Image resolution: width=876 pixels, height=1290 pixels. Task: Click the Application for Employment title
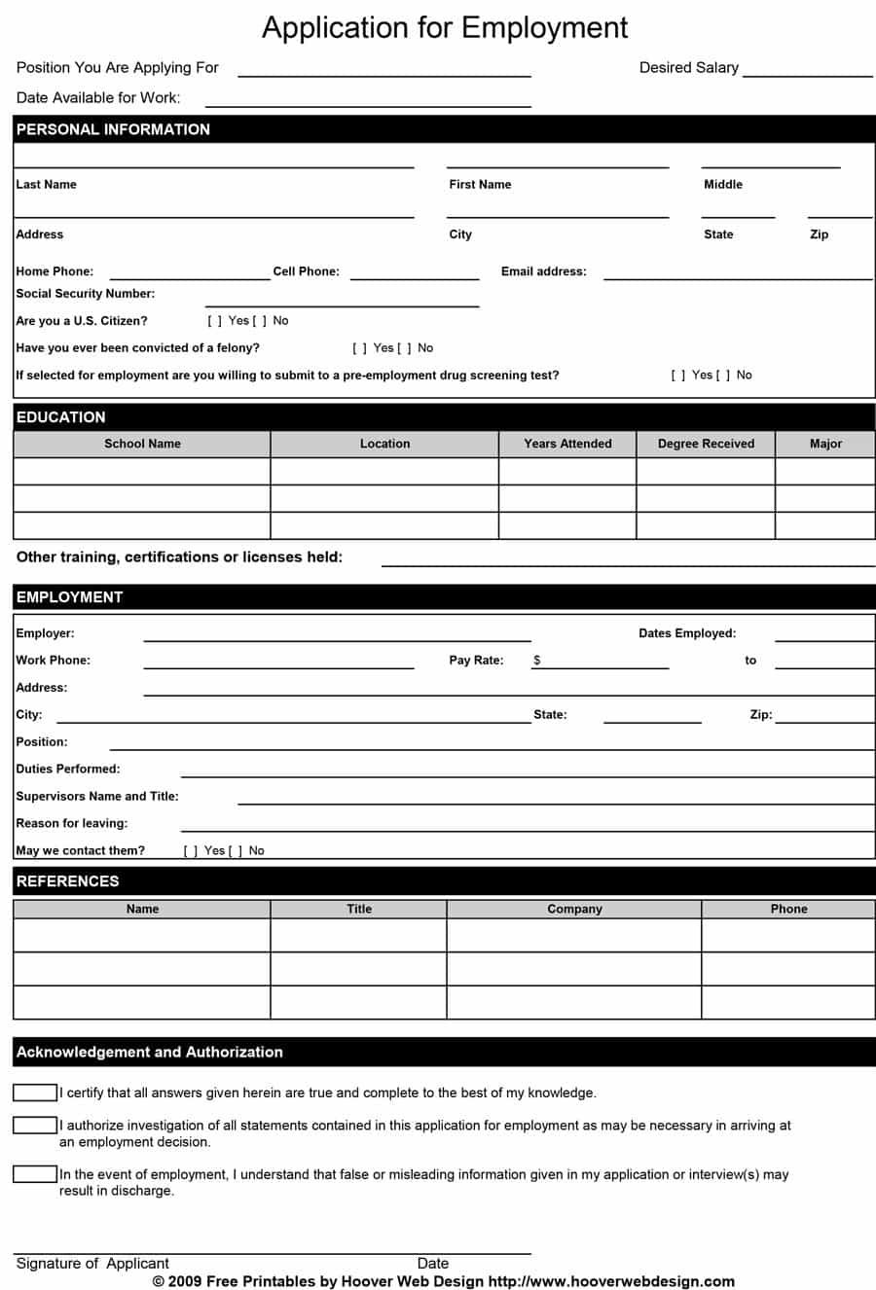click(445, 27)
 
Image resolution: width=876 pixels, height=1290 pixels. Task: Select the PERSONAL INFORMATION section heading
click(113, 129)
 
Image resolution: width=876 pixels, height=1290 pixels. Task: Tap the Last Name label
click(46, 184)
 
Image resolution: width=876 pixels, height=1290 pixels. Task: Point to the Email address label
click(543, 271)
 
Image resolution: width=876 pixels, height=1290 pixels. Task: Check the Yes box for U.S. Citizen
click(215, 321)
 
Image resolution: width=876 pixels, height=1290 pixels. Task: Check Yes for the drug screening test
click(678, 376)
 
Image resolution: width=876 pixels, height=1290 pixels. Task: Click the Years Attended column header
click(567, 444)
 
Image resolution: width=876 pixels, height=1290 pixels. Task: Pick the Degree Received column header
click(706, 444)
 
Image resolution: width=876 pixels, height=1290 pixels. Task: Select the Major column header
click(825, 444)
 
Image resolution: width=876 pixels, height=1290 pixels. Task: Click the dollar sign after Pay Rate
click(537, 660)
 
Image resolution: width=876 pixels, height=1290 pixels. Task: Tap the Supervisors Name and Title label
click(97, 796)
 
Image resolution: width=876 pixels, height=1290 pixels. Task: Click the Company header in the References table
click(574, 909)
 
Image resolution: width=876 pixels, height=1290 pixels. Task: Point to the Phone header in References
click(788, 909)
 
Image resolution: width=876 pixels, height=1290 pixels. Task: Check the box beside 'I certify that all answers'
click(35, 1093)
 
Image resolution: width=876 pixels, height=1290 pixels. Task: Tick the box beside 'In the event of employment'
click(35, 1174)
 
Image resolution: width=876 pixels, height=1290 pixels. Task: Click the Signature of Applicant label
click(92, 1263)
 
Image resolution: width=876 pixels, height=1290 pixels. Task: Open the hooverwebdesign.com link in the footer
click(611, 1281)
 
